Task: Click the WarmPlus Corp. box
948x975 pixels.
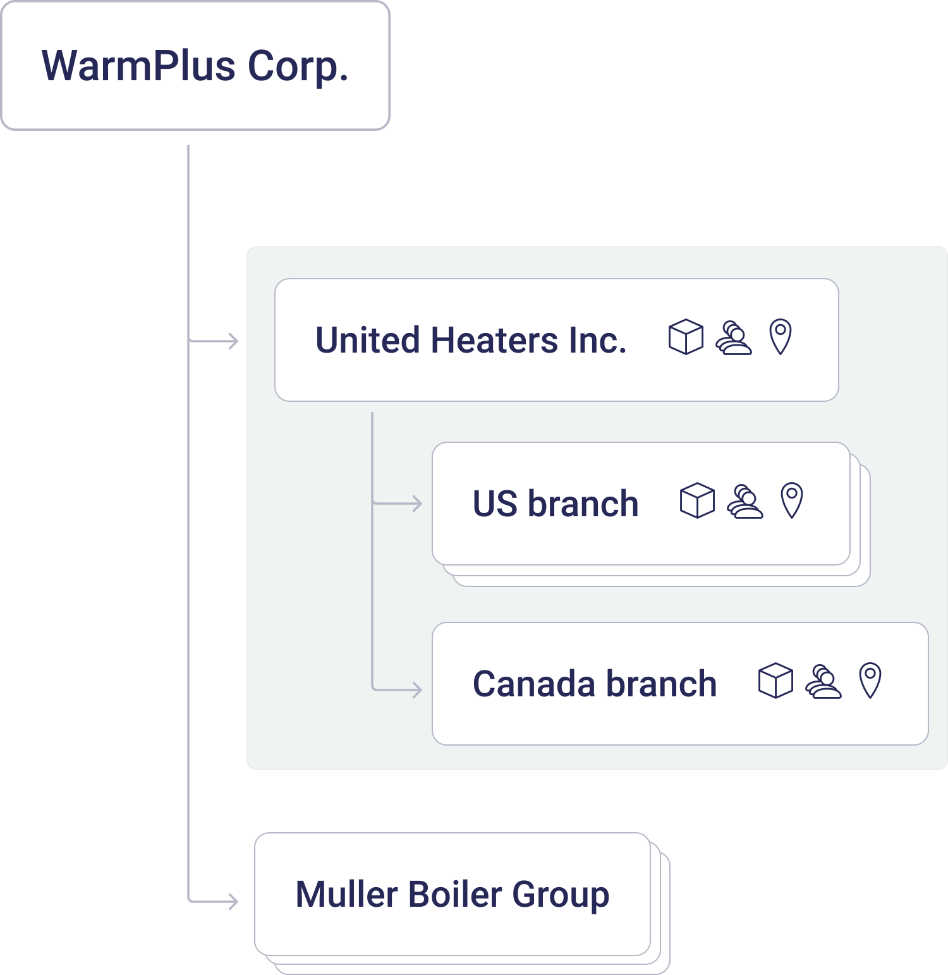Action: tap(195, 66)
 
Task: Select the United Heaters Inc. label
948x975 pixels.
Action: tap(471, 340)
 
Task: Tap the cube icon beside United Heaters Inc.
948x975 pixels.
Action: tap(686, 337)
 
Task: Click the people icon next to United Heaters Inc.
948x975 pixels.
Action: tap(733, 338)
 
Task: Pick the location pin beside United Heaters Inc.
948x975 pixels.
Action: tap(781, 336)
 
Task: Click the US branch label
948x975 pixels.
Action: tap(556, 504)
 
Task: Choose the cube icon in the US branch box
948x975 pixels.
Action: tap(697, 500)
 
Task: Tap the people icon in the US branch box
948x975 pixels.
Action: tap(744, 502)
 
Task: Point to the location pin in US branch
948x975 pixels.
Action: tap(792, 500)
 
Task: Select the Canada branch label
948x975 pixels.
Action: tap(595, 684)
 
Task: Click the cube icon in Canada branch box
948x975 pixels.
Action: tap(775, 681)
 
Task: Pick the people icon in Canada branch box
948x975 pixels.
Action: tap(823, 682)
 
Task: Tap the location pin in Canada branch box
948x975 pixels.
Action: tap(870, 680)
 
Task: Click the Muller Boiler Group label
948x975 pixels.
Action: tap(453, 894)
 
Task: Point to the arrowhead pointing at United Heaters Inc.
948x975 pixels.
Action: tap(234, 341)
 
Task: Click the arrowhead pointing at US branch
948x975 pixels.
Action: tap(417, 504)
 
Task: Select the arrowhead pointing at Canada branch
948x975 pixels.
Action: tap(417, 689)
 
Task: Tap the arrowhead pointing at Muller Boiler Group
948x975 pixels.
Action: tap(234, 901)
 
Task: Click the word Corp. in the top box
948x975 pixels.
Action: tap(298, 66)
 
